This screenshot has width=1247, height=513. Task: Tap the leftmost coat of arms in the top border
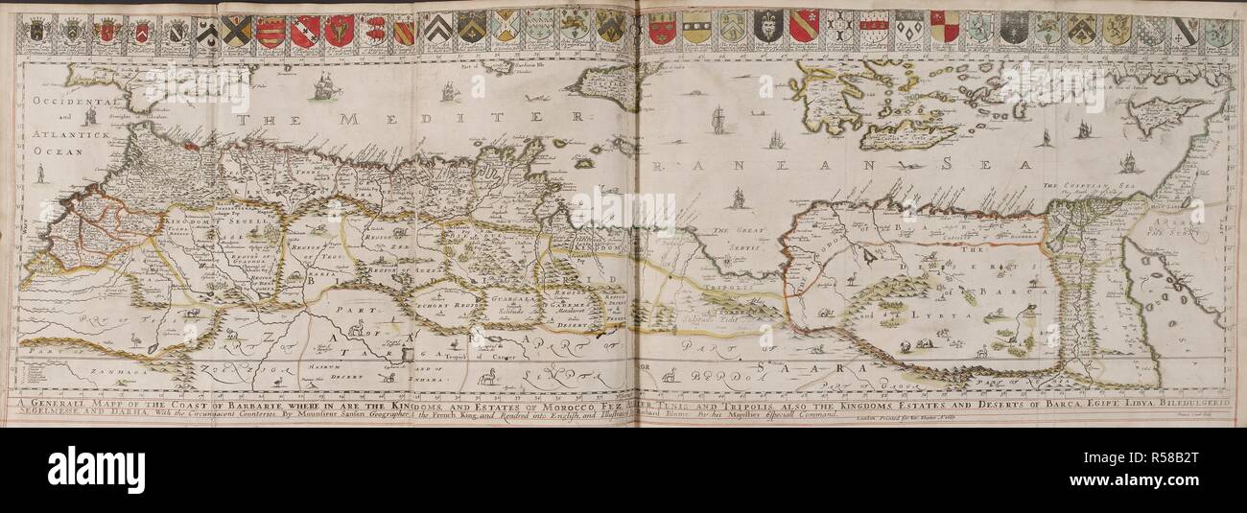click(36, 30)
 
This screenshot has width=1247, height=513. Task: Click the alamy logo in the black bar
click(96, 469)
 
